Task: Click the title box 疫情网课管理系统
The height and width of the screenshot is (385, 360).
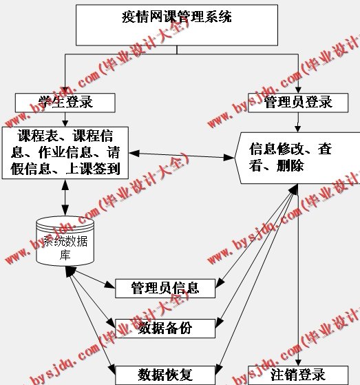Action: (x=177, y=25)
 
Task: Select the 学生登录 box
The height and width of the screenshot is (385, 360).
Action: (x=64, y=103)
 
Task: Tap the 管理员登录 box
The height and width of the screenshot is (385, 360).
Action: (x=298, y=103)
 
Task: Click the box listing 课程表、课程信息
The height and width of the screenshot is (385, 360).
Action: (x=65, y=151)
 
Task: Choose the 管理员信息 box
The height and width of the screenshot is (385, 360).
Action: (x=165, y=287)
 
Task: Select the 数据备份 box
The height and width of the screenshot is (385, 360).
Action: (x=165, y=328)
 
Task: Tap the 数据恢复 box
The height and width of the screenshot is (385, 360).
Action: (x=165, y=375)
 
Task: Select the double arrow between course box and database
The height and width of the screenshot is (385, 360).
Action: (x=65, y=197)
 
